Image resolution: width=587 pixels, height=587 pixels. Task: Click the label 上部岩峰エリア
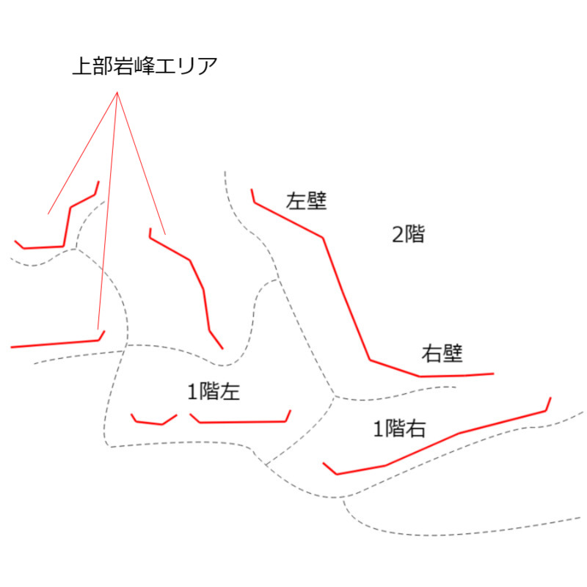click(x=145, y=66)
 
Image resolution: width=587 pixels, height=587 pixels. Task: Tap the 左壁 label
click(x=306, y=201)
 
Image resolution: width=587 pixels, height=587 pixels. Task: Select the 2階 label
click(x=408, y=234)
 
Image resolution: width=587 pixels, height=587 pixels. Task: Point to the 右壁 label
click(x=442, y=354)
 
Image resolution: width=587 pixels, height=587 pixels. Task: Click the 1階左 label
click(x=214, y=392)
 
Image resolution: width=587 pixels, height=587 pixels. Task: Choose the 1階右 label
click(x=399, y=429)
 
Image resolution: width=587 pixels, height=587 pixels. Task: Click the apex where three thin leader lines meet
click(x=117, y=92)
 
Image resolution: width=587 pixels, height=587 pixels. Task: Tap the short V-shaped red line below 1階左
click(x=154, y=419)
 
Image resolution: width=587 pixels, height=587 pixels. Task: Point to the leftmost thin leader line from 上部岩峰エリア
click(x=82, y=153)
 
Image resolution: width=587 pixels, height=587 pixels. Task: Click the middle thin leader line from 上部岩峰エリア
click(x=107, y=211)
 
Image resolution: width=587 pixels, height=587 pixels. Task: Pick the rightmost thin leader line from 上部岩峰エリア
click(x=141, y=163)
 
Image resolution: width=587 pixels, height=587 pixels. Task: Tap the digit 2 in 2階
click(x=397, y=235)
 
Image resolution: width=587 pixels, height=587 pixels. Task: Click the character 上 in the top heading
click(x=82, y=66)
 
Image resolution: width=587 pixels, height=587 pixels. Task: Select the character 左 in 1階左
click(x=230, y=392)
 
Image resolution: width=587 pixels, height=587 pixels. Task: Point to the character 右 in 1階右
click(x=416, y=429)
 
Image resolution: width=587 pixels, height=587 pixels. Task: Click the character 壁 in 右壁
click(x=453, y=354)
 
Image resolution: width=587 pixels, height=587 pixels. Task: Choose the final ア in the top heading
click(x=208, y=66)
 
